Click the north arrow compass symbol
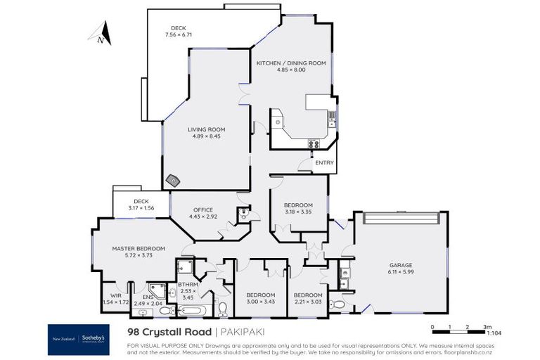[100, 33]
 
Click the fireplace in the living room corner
[172, 180]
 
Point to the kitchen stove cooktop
[315, 144]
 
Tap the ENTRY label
[325, 162]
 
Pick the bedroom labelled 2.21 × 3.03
[308, 298]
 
